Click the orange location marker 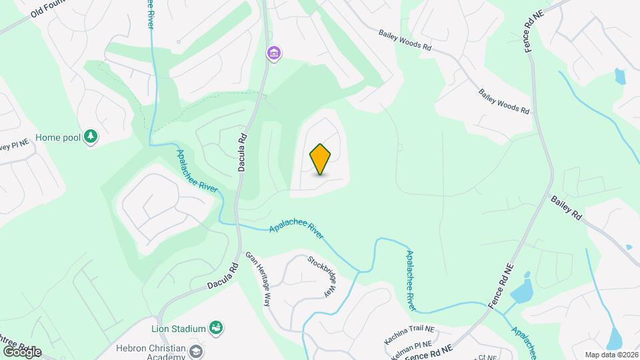tap(321, 159)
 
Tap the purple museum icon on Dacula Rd tap(273, 53)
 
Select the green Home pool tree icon tap(91, 137)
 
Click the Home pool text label tap(58, 137)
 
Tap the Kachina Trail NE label tap(409, 334)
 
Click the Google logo tap(21, 351)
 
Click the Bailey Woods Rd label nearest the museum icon tap(405, 40)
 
